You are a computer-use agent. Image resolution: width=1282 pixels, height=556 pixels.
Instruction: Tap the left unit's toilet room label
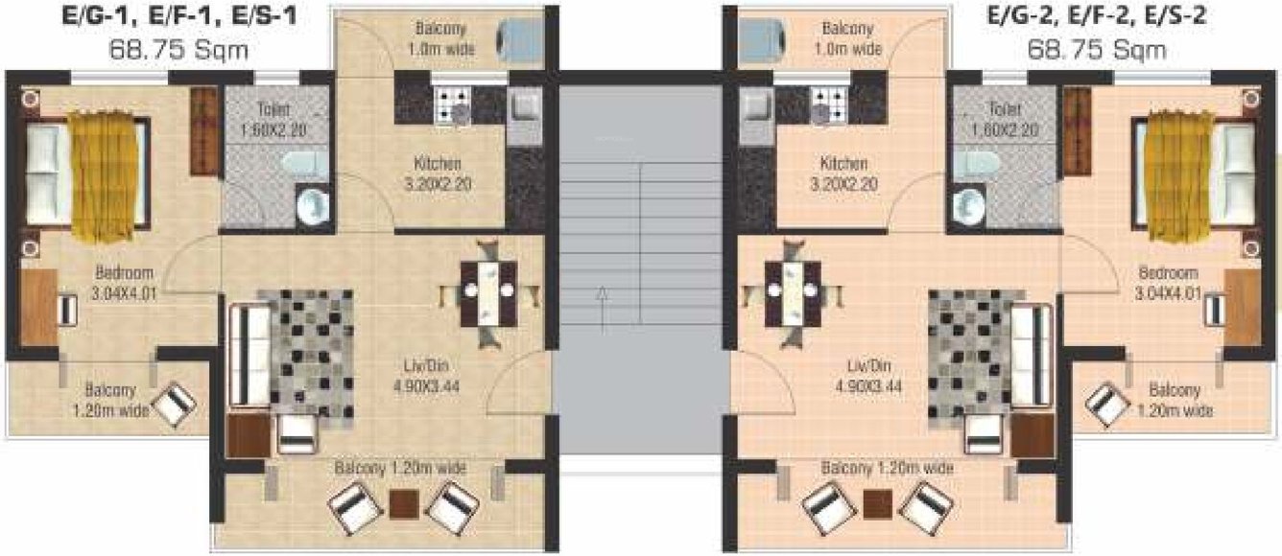pyautogui.click(x=273, y=119)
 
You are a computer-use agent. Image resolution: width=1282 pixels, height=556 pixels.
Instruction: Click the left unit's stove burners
pyautogui.click(x=452, y=101)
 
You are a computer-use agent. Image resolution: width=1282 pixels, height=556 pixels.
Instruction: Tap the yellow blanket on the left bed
pyautogui.click(x=105, y=176)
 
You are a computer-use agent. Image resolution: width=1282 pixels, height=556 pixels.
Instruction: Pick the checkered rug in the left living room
pyautogui.click(x=305, y=350)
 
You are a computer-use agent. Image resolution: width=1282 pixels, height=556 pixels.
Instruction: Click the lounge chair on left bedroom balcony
pyautogui.click(x=176, y=403)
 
